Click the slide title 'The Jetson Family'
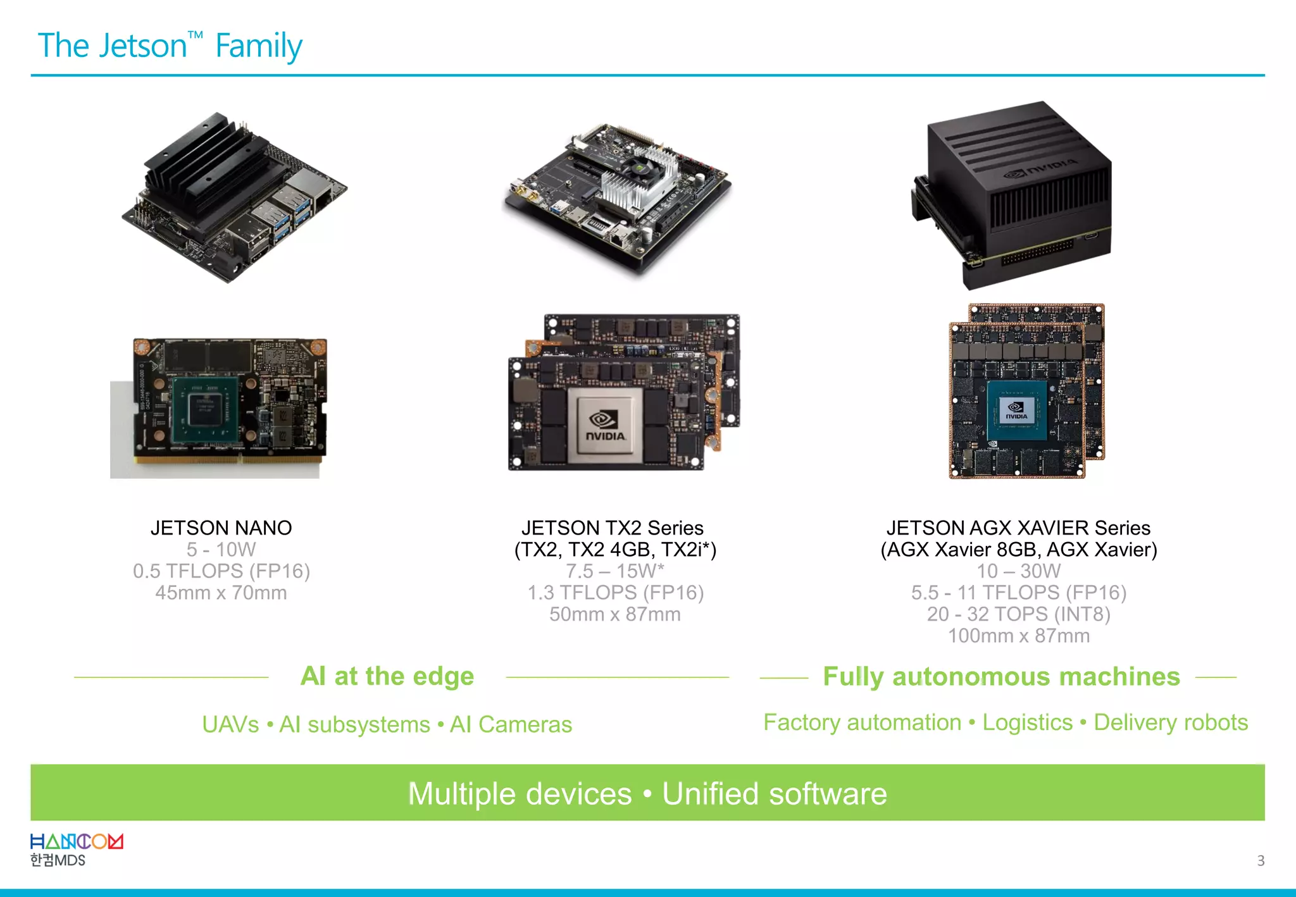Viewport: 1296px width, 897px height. (x=170, y=46)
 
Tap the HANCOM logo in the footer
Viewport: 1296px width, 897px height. (x=77, y=842)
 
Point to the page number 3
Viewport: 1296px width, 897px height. (x=1260, y=860)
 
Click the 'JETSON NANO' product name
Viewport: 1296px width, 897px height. (x=221, y=528)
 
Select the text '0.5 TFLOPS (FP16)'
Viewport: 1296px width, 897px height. (x=221, y=571)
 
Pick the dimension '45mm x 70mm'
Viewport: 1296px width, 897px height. (x=221, y=593)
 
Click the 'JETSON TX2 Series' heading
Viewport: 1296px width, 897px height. (x=612, y=528)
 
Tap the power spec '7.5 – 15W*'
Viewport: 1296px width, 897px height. (x=614, y=571)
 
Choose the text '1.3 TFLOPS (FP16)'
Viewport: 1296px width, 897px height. (x=615, y=593)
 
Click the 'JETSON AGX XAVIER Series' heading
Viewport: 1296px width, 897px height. (x=1018, y=528)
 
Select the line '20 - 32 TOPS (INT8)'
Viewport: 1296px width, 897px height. (x=1018, y=614)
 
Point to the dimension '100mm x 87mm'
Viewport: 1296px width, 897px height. (x=1018, y=636)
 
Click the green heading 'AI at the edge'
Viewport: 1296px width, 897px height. (x=387, y=676)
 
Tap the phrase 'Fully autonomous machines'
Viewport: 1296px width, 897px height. (x=1001, y=676)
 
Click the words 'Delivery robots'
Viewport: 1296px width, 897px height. (x=1170, y=722)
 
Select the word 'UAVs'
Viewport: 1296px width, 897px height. (x=230, y=724)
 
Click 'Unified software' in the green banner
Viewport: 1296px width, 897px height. (x=774, y=793)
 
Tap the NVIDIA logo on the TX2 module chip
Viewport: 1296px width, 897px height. (x=605, y=425)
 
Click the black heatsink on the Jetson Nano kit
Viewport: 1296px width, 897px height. (x=202, y=164)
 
